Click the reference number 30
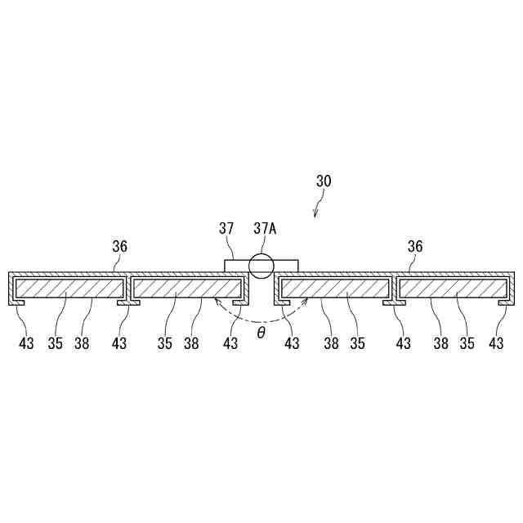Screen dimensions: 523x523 pos(324,181)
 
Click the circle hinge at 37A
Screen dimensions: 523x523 pos(263,265)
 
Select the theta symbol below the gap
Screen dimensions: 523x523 pos(261,333)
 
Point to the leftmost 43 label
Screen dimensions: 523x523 pos(27,343)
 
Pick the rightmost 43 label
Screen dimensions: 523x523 pos(496,343)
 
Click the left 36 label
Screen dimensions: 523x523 pos(119,245)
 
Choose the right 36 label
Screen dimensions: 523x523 pos(415,245)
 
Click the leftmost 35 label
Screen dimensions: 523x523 pos(55,343)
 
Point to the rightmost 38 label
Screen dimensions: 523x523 pos(441,343)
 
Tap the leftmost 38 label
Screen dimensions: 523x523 pos(83,343)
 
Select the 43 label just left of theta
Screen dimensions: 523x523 pos(230,343)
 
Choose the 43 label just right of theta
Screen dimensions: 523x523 pos(292,343)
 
